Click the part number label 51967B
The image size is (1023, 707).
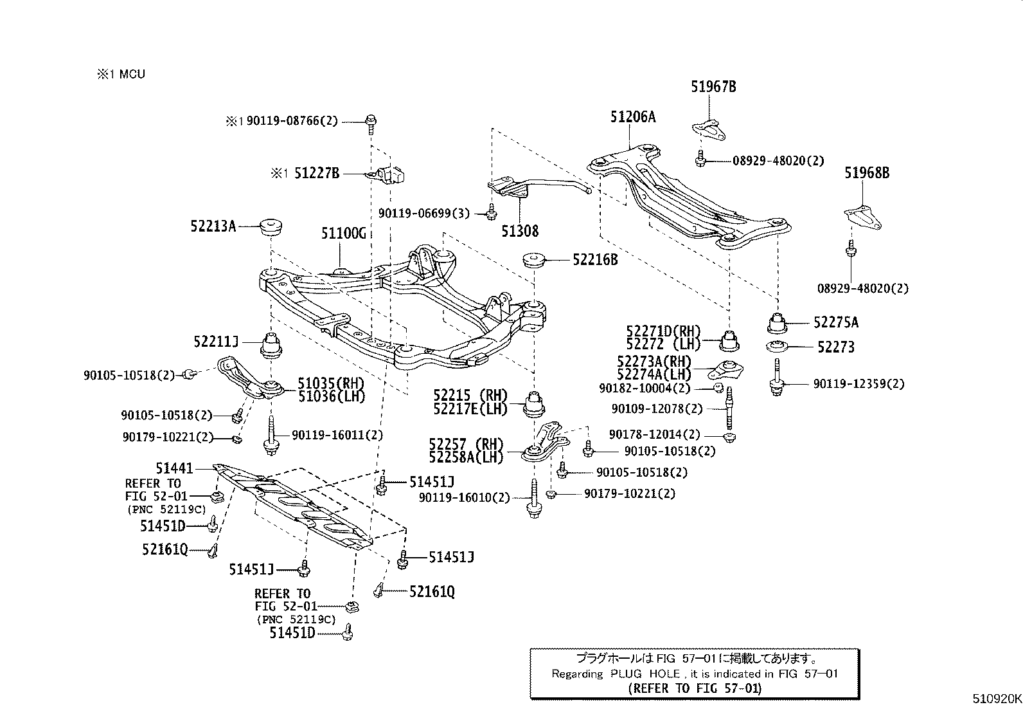tap(713, 86)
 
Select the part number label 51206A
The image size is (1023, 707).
tap(633, 116)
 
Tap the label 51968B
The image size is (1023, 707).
tap(867, 172)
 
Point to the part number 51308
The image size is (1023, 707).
tap(520, 231)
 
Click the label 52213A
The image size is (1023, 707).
tap(213, 226)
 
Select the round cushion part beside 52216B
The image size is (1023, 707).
tap(534, 260)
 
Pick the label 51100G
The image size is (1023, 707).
tap(344, 233)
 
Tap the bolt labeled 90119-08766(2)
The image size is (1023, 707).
tap(371, 121)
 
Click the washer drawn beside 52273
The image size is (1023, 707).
tap(779, 347)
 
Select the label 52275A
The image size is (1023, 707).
tap(835, 322)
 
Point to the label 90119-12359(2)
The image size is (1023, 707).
tap(858, 384)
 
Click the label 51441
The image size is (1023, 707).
tap(174, 469)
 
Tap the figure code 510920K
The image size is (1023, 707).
tap(995, 699)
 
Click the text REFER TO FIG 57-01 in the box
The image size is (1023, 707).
tap(694, 688)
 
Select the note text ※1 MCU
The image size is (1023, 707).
tap(121, 74)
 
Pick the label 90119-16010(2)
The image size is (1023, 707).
tap(464, 497)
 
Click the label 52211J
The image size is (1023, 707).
tap(216, 342)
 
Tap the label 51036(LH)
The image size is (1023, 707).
tap(331, 396)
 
